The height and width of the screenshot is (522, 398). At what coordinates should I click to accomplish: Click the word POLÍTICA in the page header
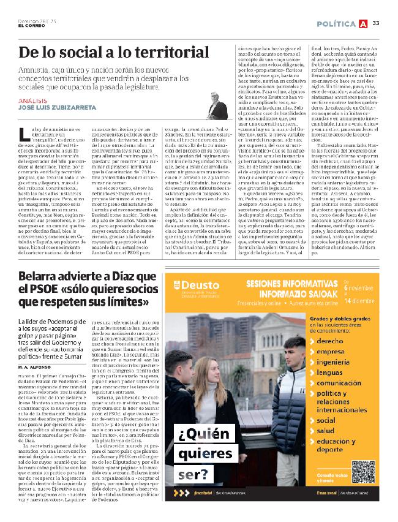[x=336, y=23]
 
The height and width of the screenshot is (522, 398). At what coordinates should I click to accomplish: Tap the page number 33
[x=376, y=23]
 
